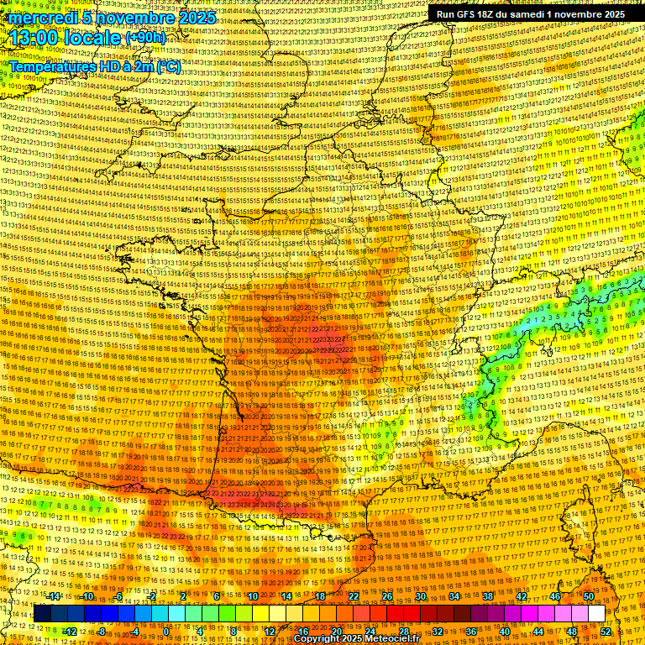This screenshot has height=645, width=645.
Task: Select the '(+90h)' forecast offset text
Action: pos(146,38)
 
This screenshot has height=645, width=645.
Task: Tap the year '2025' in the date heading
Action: pos(195,17)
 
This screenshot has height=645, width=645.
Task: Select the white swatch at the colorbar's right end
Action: pos(596,614)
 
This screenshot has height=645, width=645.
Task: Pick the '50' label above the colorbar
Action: pos(589,596)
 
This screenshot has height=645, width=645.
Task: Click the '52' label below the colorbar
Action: pos(606,631)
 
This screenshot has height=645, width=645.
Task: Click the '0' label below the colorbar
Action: pos(167,631)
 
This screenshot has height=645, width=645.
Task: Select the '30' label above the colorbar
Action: pos(421,596)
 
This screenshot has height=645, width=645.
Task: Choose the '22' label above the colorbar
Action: pos(354,596)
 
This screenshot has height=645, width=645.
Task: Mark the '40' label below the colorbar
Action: pos(505,631)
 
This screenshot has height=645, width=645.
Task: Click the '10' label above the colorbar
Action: pos(252,596)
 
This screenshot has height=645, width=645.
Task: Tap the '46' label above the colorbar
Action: pos(555,596)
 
